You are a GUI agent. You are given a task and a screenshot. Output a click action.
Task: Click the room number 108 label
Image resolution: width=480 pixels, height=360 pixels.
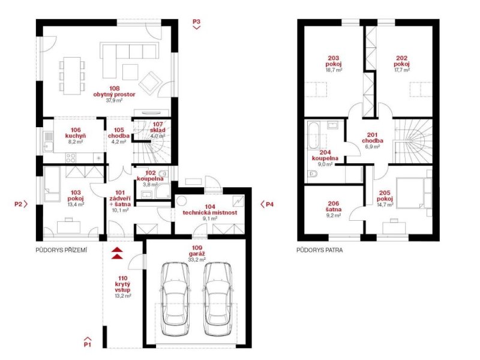[114, 89]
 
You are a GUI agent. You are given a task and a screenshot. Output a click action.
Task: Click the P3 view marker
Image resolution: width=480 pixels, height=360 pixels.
[197, 23]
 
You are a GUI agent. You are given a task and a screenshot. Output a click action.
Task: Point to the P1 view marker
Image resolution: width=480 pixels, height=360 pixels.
[88, 342]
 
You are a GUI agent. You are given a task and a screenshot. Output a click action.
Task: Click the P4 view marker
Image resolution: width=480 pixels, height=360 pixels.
[267, 204]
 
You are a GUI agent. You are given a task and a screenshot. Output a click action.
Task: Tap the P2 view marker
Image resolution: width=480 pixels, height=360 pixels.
[21, 204]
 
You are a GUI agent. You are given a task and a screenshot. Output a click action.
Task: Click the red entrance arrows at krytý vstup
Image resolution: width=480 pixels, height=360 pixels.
[117, 253]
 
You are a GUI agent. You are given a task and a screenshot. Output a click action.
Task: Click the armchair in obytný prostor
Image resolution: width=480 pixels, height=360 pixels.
[150, 82]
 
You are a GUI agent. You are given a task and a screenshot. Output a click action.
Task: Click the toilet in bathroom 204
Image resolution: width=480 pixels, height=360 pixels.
[312, 174]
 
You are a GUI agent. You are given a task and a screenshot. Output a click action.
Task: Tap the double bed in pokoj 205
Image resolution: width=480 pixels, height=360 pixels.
[413, 193]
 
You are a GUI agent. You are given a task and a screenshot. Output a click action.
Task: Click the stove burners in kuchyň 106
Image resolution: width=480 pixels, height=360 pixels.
[71, 158]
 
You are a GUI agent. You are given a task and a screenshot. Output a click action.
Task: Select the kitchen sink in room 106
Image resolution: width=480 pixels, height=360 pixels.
[49, 142]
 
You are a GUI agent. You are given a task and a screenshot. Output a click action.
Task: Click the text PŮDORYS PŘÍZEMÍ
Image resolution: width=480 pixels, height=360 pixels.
[61, 250]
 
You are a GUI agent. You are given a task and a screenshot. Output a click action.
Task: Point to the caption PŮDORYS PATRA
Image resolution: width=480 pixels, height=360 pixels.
[320, 250]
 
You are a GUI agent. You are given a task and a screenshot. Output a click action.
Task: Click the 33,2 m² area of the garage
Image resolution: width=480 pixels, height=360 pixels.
[197, 260]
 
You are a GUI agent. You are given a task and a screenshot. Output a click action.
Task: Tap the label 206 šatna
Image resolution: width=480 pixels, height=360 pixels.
[334, 206]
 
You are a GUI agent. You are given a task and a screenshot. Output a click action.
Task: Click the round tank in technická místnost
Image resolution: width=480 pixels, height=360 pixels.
[182, 201]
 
